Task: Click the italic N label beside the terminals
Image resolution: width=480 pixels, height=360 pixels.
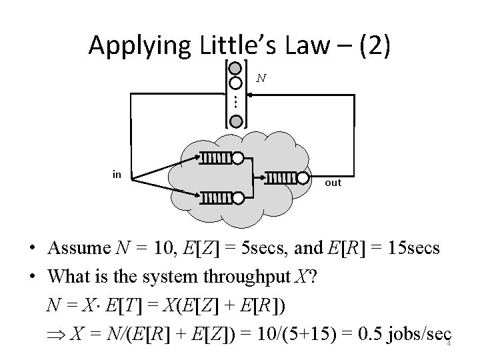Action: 261,78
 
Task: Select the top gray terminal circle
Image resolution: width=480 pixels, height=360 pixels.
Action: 235,68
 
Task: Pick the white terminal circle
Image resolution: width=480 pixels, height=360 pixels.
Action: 235,83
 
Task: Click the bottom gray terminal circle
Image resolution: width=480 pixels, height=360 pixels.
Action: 235,121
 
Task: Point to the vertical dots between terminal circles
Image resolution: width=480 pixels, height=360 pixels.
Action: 235,102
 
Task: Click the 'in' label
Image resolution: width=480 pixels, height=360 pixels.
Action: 117,175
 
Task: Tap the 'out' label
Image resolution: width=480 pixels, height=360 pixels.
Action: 333,182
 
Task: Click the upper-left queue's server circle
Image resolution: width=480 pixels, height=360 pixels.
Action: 237,159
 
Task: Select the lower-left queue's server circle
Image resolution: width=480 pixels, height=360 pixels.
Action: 237,197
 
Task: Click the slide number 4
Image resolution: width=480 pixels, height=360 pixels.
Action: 449,344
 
